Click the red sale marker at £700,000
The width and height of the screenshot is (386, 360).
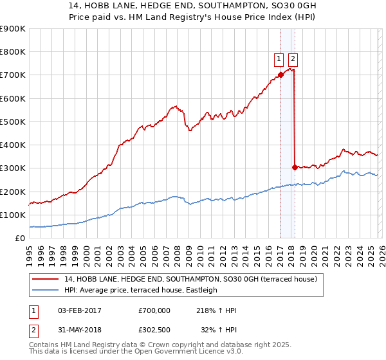[280, 75]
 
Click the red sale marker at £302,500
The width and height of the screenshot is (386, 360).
[295, 167]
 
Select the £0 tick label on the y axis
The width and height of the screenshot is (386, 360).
[19, 238]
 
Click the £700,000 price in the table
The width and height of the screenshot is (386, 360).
[154, 310]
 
